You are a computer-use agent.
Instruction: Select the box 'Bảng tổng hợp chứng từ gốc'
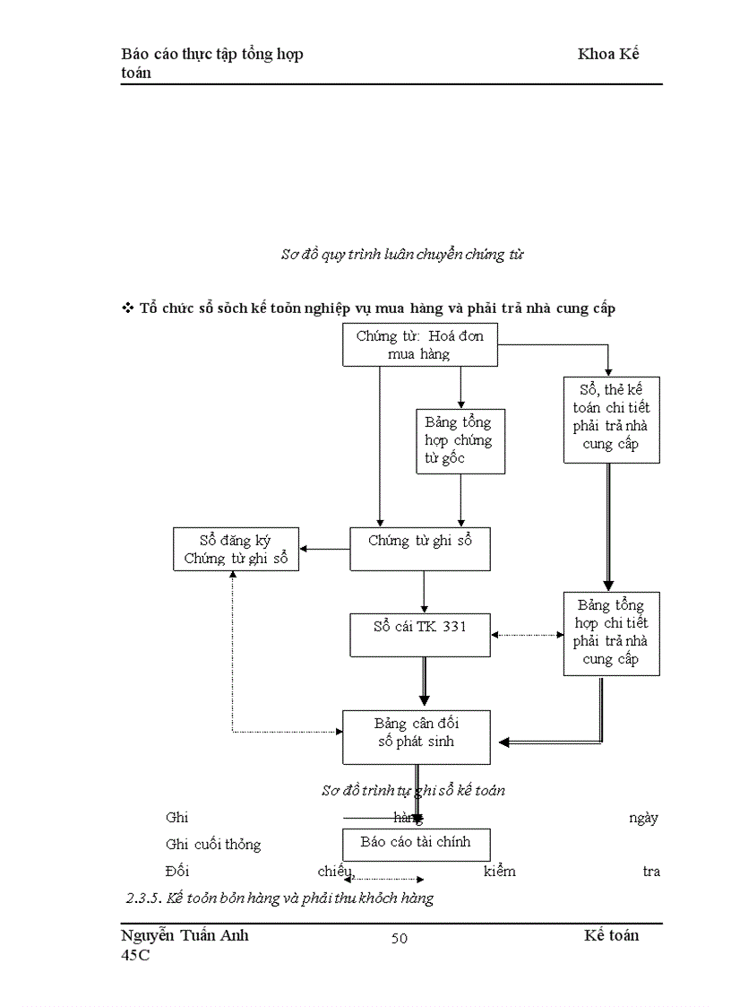(x=460, y=441)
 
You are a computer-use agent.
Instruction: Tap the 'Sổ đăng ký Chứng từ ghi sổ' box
(x=236, y=550)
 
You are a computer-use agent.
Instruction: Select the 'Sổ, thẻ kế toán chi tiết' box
(x=611, y=419)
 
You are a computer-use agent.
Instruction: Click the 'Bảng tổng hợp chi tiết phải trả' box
(x=611, y=632)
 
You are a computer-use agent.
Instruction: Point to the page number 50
(x=400, y=939)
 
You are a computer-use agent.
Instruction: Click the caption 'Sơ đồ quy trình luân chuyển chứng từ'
(x=402, y=255)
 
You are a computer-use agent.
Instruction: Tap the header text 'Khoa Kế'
(x=608, y=54)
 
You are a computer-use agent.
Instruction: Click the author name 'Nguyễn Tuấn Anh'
(x=185, y=935)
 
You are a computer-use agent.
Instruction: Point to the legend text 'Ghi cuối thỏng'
(x=213, y=845)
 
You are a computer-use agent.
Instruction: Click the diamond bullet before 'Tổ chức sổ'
(x=126, y=308)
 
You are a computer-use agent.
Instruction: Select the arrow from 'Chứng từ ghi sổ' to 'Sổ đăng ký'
(x=324, y=549)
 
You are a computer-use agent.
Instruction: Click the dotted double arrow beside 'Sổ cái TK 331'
(x=528, y=635)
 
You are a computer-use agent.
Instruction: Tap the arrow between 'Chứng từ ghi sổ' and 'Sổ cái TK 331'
(x=424, y=592)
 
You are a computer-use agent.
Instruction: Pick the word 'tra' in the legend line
(x=651, y=871)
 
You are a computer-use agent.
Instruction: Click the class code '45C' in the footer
(x=136, y=956)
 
